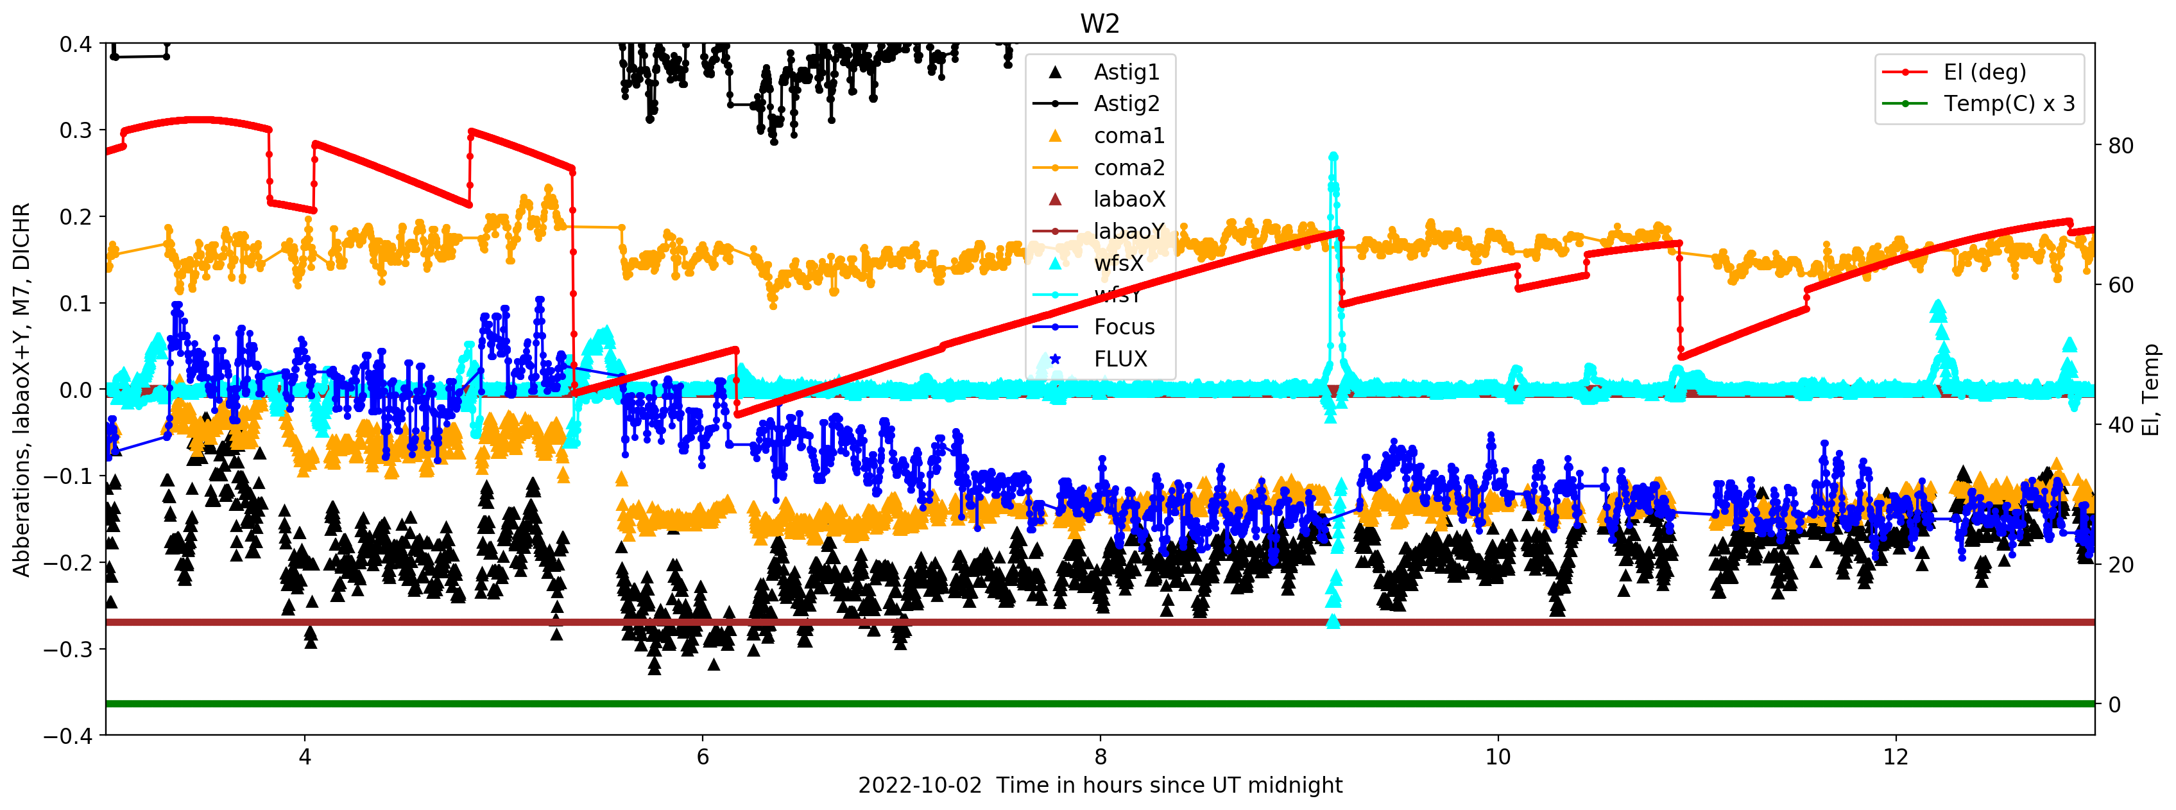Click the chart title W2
[x=1099, y=24]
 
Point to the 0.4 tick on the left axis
[x=75, y=44]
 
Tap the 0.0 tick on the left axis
[x=75, y=390]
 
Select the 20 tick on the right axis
[x=2121, y=564]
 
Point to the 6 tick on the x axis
[x=703, y=757]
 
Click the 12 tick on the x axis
[x=1896, y=757]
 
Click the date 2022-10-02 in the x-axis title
[x=920, y=786]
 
